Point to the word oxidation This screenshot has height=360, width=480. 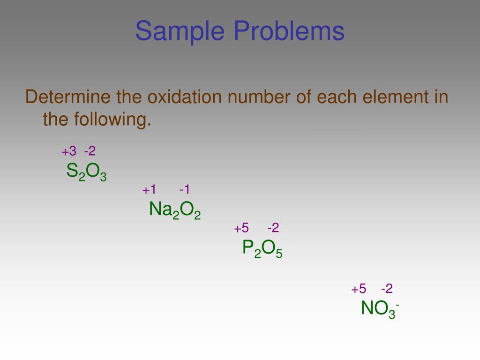(x=186, y=97)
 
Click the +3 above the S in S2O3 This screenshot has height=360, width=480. (x=68, y=151)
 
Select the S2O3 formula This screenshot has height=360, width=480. (x=86, y=172)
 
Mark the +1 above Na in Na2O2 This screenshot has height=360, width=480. (x=150, y=190)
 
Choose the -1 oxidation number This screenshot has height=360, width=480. (x=185, y=190)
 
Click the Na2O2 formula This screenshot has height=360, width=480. (x=175, y=210)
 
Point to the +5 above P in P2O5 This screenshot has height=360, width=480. (x=241, y=228)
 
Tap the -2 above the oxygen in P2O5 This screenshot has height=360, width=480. (x=273, y=228)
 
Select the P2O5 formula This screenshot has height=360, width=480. (x=262, y=248)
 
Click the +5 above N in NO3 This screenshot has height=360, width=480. (x=359, y=289)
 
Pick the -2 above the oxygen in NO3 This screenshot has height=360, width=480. (x=387, y=289)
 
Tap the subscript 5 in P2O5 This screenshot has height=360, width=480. (x=279, y=254)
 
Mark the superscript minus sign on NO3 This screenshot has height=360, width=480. (x=397, y=305)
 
